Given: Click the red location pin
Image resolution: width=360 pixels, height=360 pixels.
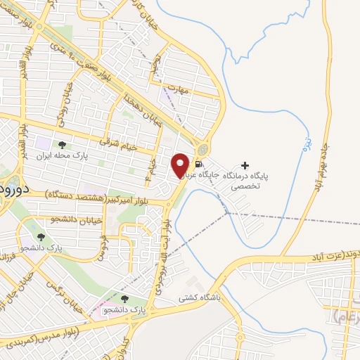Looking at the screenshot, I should click(181, 165).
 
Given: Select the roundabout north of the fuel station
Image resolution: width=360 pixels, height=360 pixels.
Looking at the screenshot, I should click(202, 149).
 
